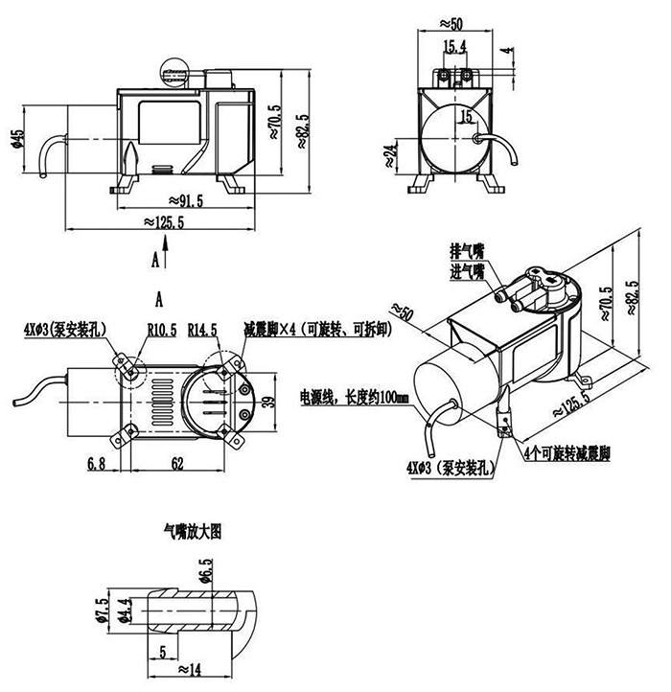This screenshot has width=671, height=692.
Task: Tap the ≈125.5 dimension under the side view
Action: (163, 221)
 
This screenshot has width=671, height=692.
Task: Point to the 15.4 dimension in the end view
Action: (454, 46)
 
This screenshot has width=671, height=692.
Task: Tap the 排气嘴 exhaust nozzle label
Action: (469, 252)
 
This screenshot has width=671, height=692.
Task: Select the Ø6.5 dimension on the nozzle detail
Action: (205, 576)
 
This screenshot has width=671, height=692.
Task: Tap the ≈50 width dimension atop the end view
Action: (454, 21)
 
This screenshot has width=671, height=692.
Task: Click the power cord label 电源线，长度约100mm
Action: (355, 396)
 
